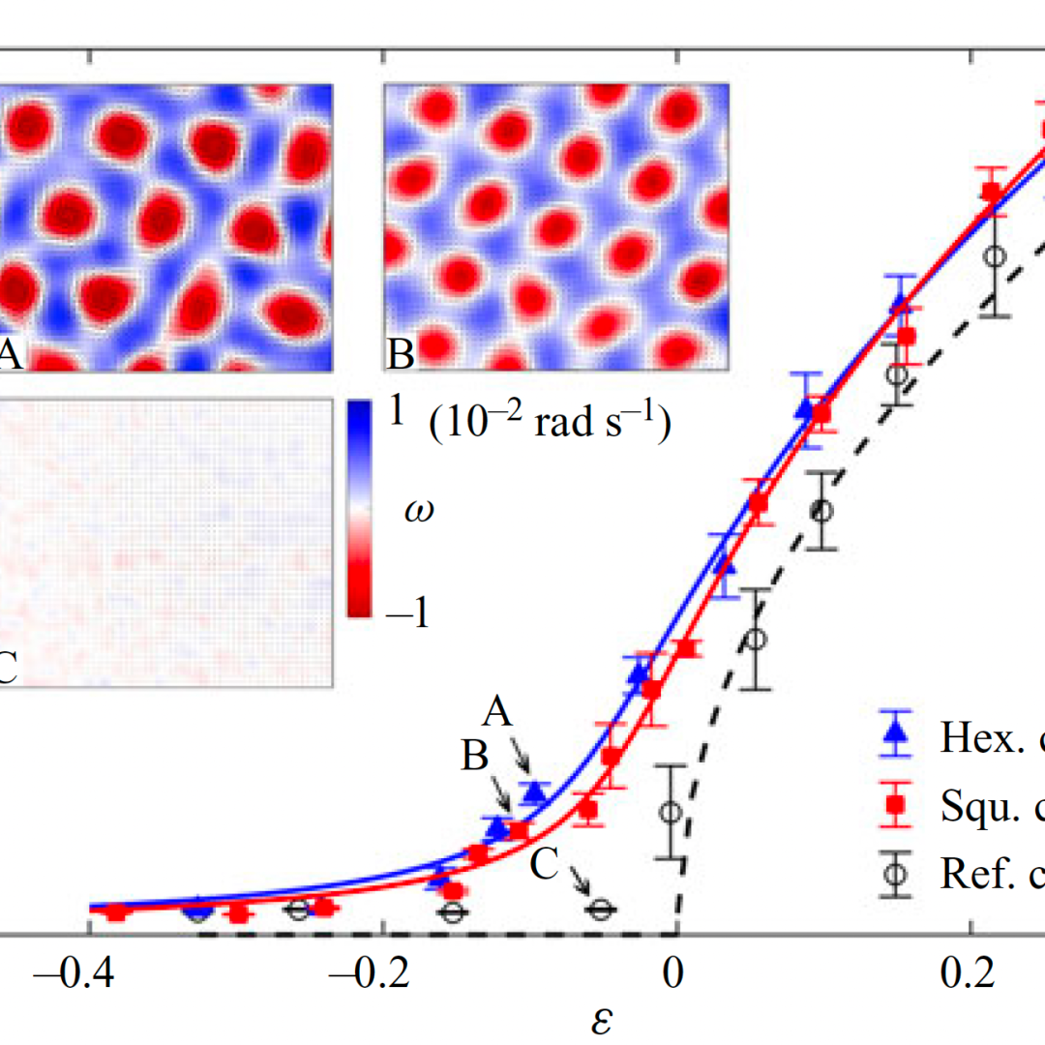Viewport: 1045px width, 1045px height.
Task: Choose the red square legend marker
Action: [897, 803]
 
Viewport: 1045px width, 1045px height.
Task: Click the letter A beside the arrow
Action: [496, 714]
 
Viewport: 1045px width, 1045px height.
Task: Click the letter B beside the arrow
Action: [474, 758]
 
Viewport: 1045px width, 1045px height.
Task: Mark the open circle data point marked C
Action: [601, 910]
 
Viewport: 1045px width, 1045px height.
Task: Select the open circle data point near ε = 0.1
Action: [821, 510]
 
